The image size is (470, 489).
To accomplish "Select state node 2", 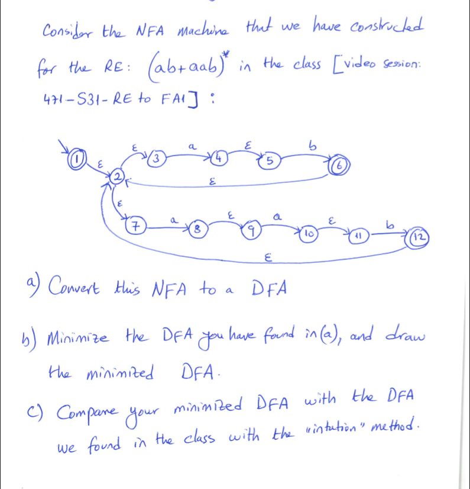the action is click(118, 177).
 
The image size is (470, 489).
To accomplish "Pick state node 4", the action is click(220, 158).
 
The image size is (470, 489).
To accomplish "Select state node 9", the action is click(252, 231).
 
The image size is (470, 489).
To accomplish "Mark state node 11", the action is click(358, 236).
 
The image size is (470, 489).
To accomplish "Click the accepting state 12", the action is click(417, 238).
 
